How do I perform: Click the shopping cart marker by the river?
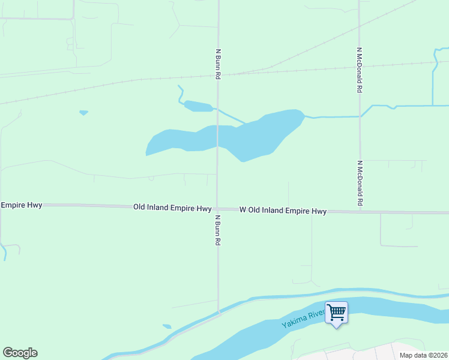tap(336, 312)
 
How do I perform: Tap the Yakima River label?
tap(304, 317)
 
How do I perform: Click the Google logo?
tap(20, 353)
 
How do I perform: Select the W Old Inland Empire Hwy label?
tap(283, 211)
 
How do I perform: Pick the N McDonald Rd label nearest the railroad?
tap(360, 70)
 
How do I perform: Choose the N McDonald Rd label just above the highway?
tap(360, 182)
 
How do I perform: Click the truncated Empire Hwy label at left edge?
tap(22, 205)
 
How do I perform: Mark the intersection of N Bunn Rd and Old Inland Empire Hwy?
tap(217, 208)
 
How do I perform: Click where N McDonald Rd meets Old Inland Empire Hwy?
tap(360, 211)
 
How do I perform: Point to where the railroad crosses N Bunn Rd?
tap(217, 75)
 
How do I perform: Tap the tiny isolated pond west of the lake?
tap(83, 112)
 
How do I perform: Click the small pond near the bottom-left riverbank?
tap(167, 326)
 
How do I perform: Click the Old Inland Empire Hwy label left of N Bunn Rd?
tap(172, 208)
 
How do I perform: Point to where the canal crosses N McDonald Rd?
tap(360, 115)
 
